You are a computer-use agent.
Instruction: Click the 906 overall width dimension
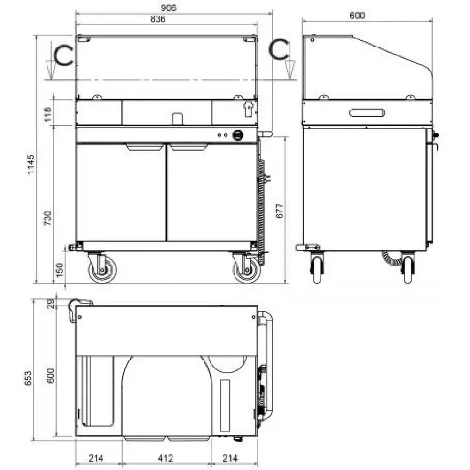coord(168,8)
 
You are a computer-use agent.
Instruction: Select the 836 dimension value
coord(158,19)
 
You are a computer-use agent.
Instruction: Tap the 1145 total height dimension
coord(31,164)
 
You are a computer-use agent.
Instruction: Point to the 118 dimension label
coord(47,115)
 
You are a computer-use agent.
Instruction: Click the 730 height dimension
coord(47,218)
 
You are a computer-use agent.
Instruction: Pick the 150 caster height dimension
coord(60,270)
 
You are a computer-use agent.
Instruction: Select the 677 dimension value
coord(279,211)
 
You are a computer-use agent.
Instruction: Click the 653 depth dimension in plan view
coord(28,378)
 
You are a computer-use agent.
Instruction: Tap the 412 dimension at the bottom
coord(166,458)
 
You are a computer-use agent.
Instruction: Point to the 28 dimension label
coord(51,304)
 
